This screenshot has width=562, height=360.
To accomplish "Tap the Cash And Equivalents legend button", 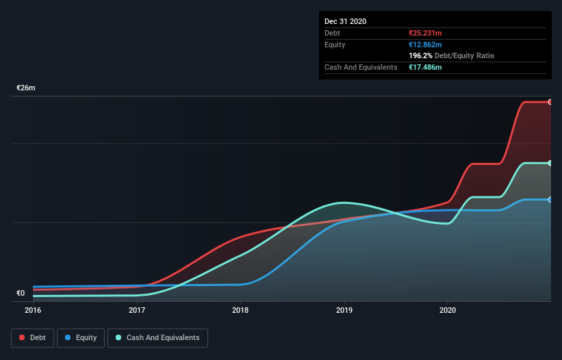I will coord(157,337).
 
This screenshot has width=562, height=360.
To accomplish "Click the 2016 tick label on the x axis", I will coord(33,310).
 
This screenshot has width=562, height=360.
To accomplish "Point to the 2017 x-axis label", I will coord(137,310).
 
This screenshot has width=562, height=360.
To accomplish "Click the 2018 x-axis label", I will coord(240,310).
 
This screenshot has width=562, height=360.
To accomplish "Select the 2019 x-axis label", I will coord(344,310).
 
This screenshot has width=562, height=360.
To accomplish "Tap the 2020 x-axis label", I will coord(448,310).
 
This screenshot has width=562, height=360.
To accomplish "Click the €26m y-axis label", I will coord(26,88).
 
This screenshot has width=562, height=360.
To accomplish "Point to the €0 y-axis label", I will coord(21,294).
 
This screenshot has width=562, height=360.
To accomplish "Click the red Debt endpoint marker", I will coord(550,102).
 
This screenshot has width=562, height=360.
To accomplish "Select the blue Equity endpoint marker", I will coord(550,199).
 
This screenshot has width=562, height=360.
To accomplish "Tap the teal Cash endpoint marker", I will coord(550,163).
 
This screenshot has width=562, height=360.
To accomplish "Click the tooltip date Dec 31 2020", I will coord(345,21).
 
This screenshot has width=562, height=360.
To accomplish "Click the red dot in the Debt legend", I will coord(23,337).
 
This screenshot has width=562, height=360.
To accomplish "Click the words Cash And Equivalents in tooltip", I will coord(361,67).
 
